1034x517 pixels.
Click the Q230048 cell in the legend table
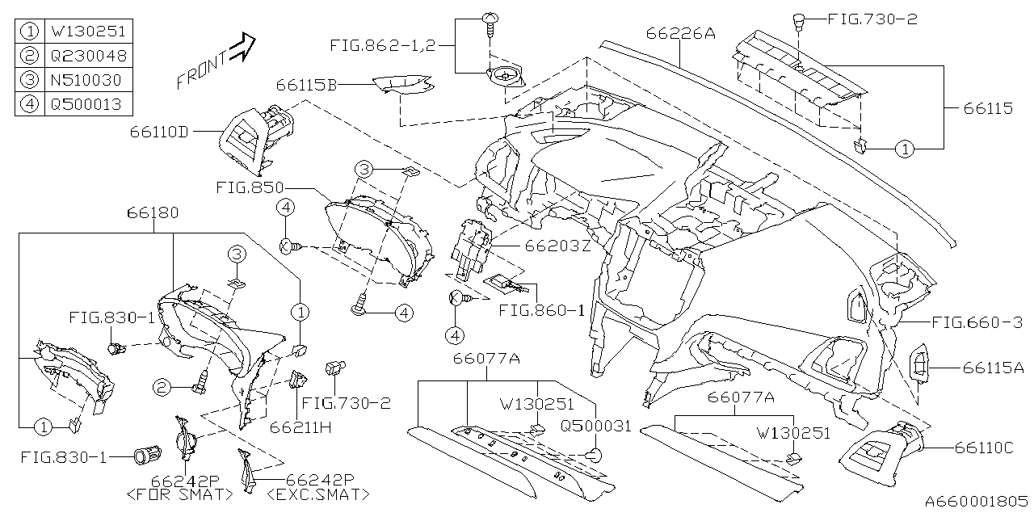click(88, 57)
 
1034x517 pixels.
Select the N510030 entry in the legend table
click(88, 80)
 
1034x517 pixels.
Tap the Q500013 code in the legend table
click(88, 104)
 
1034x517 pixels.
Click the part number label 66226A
click(681, 33)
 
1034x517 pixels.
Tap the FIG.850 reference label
click(248, 187)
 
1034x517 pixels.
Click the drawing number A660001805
click(977, 502)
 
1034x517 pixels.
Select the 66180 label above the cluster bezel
click(153, 212)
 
